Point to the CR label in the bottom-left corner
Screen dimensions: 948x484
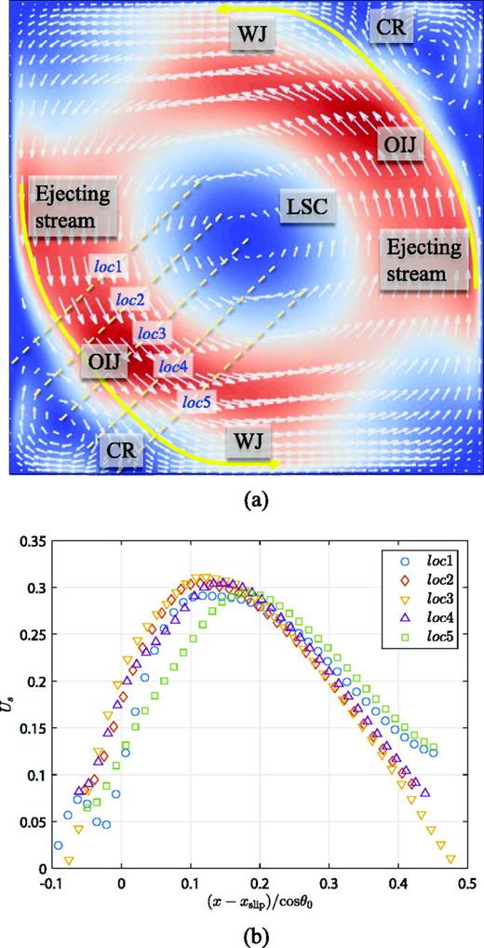pos(124,451)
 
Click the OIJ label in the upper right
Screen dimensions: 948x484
pos(400,146)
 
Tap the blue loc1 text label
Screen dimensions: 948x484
pos(108,264)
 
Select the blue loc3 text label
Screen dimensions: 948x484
pos(153,332)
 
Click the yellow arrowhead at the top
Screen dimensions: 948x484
pos(223,8)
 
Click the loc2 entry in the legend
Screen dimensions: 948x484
pos(429,579)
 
